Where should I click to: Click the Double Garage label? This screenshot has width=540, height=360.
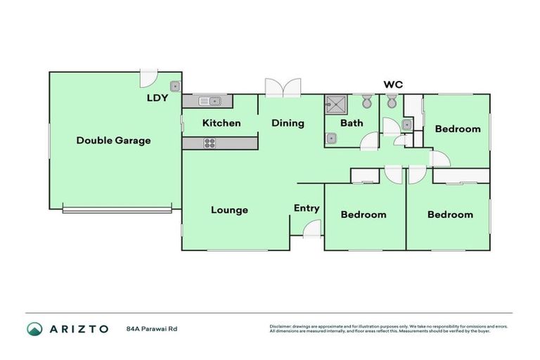113,140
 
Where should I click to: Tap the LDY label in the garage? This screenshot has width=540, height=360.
157,98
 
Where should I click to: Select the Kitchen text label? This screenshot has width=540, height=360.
221,123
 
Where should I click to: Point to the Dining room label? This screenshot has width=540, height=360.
288,123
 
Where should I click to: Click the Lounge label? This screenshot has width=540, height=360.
229,210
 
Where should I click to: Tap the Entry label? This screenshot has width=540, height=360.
307,208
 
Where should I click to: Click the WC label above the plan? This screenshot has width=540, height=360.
392,84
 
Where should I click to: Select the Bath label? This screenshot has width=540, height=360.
352,123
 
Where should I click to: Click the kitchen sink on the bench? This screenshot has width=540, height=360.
210,101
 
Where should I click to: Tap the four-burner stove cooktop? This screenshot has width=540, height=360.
210,143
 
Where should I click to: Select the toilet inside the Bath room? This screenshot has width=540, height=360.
366,101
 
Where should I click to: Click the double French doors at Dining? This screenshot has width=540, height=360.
283,87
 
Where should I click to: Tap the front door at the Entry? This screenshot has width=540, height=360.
312,229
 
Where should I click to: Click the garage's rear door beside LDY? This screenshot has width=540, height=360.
149,77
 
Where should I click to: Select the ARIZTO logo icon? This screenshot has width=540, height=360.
34,328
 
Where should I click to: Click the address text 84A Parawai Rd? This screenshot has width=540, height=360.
152,328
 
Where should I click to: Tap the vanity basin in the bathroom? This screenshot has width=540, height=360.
331,139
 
